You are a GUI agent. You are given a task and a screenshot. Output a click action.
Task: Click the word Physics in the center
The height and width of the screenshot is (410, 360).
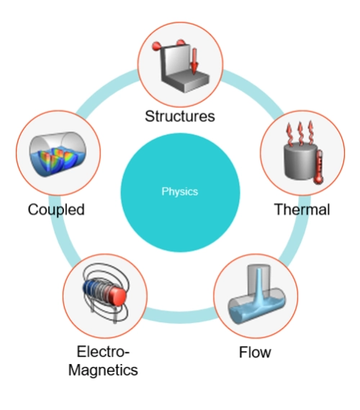coord(179,191)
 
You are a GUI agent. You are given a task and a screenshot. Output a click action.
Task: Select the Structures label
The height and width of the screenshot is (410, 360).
coord(180,116)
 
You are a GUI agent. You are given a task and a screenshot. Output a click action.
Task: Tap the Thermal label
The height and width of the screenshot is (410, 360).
coord(302,209)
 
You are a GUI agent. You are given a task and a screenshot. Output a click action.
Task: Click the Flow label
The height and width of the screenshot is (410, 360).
coord(255,352)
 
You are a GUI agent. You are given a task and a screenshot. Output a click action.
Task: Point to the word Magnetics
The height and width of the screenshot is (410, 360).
coord(103,370)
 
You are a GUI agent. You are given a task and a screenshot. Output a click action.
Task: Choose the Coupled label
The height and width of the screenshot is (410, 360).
coord(56,210)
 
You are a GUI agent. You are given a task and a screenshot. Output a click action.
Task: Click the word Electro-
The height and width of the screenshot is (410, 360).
coord(103,352)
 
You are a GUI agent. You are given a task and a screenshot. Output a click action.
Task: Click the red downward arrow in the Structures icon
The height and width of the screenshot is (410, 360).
coord(194,61)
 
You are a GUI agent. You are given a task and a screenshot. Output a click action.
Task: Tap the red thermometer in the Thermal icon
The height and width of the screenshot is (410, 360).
coord(319,167)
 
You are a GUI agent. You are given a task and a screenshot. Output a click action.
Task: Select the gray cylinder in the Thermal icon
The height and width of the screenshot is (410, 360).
coord(300,161)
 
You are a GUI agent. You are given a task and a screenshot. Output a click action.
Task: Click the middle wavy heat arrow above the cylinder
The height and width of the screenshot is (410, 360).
coord(300,133)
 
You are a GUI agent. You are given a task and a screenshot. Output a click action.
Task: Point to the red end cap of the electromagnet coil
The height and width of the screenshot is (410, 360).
coord(119,296)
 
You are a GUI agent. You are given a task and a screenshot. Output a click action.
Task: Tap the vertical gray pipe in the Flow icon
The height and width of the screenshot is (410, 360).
coord(258,278)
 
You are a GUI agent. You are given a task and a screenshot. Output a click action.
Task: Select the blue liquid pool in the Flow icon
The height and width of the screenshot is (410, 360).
coord(256,311)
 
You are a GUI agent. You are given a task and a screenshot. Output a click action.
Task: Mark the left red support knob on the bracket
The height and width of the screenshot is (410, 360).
coord(156,46)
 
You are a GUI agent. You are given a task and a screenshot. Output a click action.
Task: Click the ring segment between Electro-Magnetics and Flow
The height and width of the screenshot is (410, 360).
coord(181,316)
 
